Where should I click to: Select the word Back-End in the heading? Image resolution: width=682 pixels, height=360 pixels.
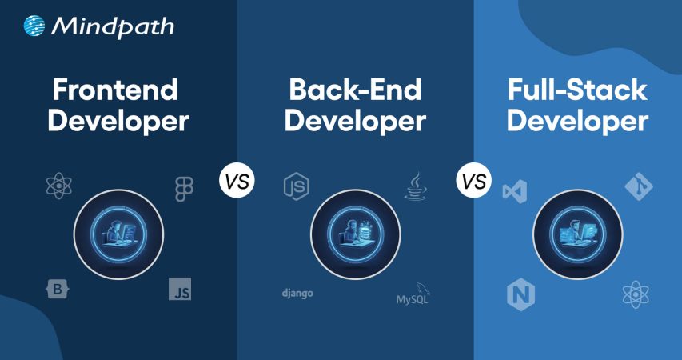tap(354, 89)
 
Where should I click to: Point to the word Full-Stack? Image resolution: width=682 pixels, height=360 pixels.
tap(576, 89)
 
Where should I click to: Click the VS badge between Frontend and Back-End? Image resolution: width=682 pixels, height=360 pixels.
tap(236, 182)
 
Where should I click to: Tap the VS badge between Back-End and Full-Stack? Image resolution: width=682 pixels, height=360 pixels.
tap(473, 182)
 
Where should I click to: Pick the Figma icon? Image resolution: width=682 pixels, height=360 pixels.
tap(184, 189)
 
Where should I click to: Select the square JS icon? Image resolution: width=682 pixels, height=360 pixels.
tap(180, 289)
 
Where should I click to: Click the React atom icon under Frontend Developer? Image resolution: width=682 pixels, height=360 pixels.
tap(60, 187)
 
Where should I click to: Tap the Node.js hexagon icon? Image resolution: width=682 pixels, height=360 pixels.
tap(296, 186)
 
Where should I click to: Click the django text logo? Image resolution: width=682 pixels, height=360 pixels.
tap(297, 293)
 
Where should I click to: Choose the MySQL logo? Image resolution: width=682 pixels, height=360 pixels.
tap(417, 295)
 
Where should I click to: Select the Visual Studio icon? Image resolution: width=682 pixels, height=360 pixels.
tap(515, 191)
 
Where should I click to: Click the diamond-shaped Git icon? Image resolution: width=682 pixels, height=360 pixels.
tap(639, 188)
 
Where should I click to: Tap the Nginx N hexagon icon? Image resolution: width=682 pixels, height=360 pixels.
tap(520, 295)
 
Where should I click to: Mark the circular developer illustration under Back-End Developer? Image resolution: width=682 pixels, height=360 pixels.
tap(355, 234)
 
